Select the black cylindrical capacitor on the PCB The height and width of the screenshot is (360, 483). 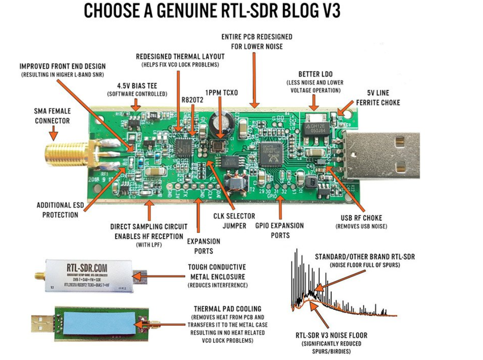tap(221, 122)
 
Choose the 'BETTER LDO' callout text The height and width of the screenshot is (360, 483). tap(315, 74)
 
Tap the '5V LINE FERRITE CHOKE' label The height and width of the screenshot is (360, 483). tap(378, 98)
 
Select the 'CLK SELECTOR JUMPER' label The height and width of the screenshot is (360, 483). tap(234, 221)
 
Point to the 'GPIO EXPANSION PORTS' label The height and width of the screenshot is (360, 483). tap(279, 230)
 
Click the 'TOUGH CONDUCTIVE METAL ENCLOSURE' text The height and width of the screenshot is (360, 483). tap(217, 271)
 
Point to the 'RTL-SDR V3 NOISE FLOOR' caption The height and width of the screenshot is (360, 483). tap(331, 335)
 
